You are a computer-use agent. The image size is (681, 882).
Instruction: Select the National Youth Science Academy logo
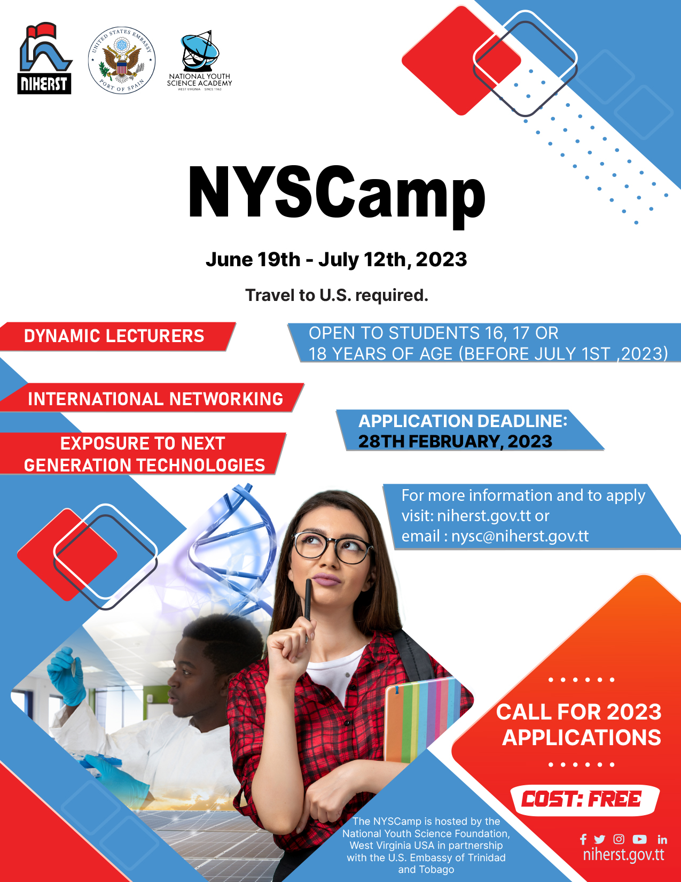coord(199,60)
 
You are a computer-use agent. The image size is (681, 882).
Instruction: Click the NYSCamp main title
coord(336,194)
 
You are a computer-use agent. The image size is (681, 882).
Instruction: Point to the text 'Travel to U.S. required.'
coord(336,295)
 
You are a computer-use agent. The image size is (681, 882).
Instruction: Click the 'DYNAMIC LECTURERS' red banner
coord(114,336)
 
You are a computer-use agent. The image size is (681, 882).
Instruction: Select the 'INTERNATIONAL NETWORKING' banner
coord(155,399)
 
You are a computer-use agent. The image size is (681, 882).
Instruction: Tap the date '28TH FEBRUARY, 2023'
coord(455,442)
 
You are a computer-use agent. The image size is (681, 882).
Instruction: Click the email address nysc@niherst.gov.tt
coord(520,536)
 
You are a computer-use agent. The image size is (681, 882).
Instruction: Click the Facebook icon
coord(583,839)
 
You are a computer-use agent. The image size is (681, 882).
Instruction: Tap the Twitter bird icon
coord(600,839)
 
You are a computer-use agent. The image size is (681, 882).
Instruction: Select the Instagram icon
coord(619,839)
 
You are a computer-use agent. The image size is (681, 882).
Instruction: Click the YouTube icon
coord(639,839)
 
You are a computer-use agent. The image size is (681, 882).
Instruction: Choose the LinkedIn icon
coord(662,840)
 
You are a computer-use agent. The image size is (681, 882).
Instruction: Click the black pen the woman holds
coord(308,604)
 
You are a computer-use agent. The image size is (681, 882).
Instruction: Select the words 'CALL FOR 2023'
coord(579,712)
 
